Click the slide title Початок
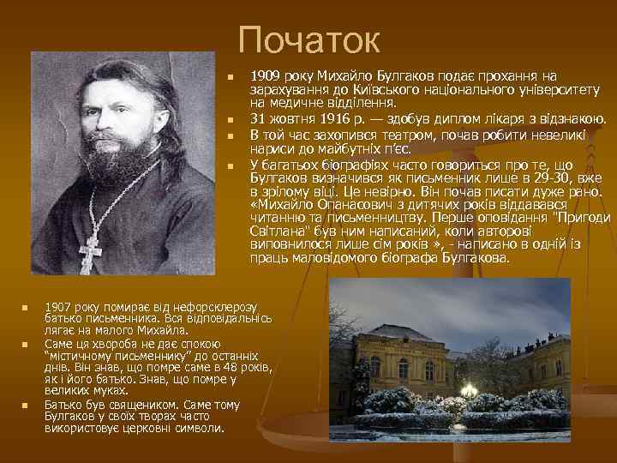click(x=308, y=39)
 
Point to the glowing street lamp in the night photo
click(x=469, y=391)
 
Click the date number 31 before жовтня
click(x=257, y=119)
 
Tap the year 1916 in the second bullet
click(x=331, y=119)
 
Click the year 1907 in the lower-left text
click(x=59, y=306)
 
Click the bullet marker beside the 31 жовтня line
click(x=231, y=120)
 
